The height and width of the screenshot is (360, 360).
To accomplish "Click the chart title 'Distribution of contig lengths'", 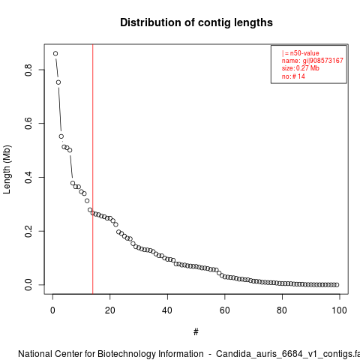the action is click(x=196, y=22).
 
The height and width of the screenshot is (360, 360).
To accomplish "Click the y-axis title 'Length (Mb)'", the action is click(x=7, y=169).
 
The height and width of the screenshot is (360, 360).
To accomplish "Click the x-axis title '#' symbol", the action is click(x=196, y=332).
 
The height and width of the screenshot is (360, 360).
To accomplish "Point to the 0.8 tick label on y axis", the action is click(x=28, y=70).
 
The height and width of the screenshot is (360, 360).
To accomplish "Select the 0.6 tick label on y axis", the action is click(x=28, y=124).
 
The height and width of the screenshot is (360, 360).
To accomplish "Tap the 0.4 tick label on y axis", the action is click(x=28, y=177).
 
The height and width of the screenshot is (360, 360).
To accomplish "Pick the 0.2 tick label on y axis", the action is click(x=28, y=231).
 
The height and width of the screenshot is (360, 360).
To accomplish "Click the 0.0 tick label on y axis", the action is click(x=28, y=285).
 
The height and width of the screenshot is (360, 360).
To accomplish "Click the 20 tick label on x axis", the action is click(x=110, y=310).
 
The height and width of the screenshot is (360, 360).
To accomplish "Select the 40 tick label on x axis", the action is click(x=167, y=310).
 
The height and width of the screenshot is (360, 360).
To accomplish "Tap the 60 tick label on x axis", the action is click(x=225, y=310).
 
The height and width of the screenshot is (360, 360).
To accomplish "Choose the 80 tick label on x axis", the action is click(x=282, y=310).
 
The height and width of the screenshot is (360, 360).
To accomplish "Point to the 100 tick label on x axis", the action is click(x=340, y=310).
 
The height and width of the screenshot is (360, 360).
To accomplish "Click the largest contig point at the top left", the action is click(x=55, y=53).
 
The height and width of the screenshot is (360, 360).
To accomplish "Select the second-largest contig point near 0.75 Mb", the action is click(x=58, y=82).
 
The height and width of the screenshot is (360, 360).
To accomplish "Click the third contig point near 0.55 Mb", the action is click(x=61, y=136).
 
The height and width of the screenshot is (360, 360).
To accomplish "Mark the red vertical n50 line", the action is click(x=93, y=169).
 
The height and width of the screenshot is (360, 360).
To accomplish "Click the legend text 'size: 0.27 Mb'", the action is click(x=301, y=68).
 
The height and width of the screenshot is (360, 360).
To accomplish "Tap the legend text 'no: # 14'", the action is click(x=293, y=76).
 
